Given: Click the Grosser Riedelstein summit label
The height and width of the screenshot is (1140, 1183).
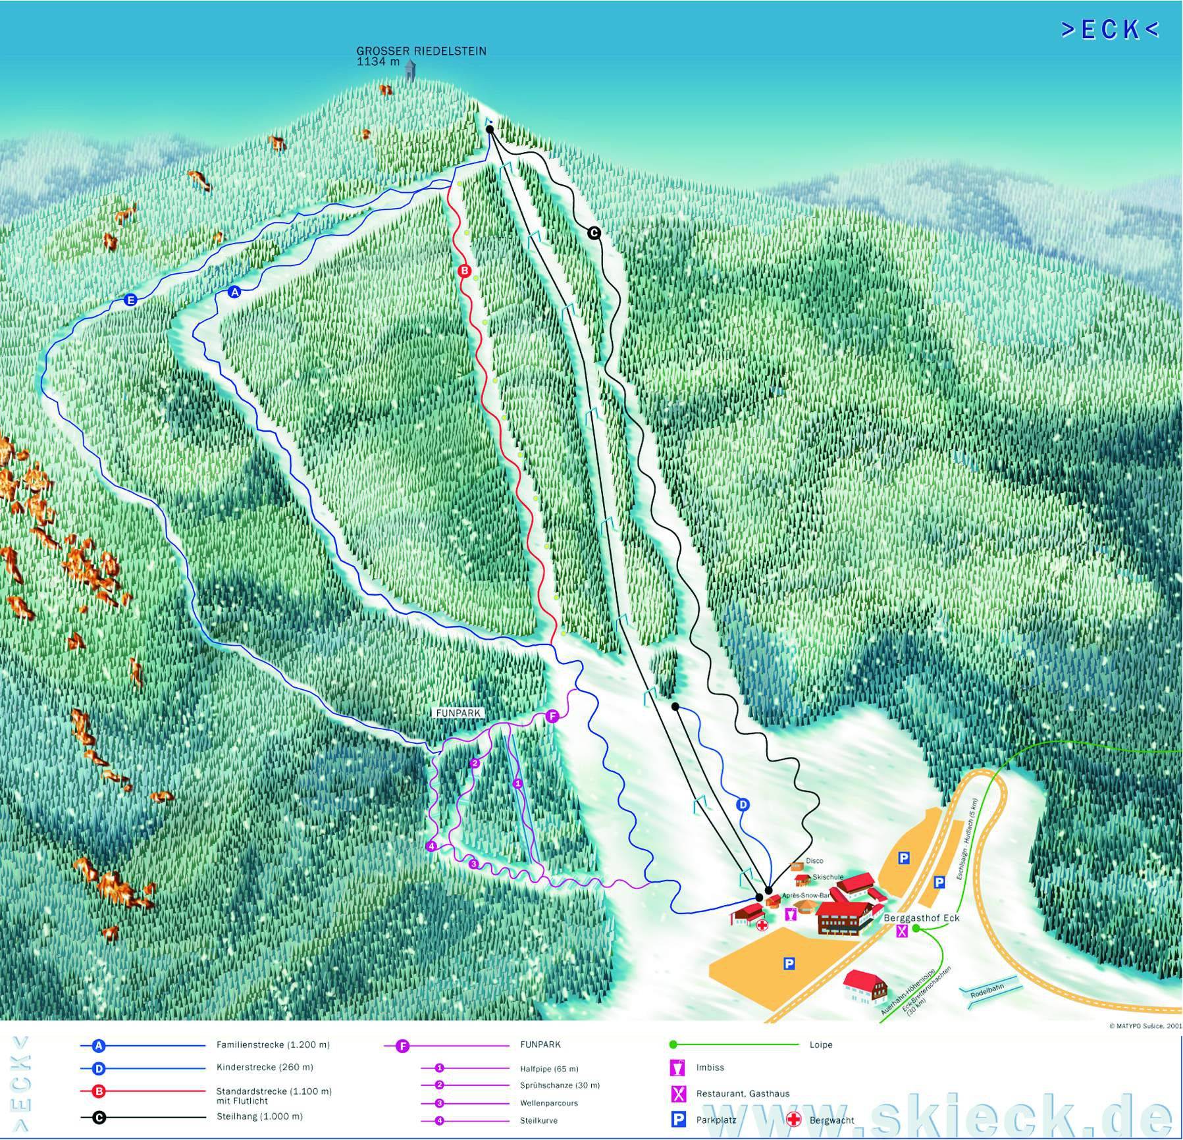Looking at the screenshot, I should pos(421,51).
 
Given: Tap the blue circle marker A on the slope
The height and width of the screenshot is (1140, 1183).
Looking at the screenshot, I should pos(234,292).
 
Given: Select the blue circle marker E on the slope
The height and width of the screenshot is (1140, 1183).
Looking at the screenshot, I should pos(130,300).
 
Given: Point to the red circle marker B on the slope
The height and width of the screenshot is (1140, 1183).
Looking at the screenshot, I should pos(464,271).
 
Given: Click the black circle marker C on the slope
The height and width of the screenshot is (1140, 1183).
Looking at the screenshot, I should pos(594,232).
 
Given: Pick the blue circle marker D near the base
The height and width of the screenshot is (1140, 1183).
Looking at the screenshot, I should pos(743,804).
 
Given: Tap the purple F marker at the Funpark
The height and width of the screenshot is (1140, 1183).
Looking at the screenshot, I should pos(552,716).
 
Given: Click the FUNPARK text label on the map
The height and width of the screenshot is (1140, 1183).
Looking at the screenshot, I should pos(459,713).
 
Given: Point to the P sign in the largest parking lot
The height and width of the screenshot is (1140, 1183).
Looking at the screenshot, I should pos(789,964).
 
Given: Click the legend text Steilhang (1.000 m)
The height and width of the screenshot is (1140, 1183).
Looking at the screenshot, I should pos(259,1116).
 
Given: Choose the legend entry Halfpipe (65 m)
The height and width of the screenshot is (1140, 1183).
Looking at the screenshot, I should pos(549,1069).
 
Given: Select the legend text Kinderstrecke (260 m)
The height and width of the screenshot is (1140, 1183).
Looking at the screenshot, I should pos(265,1067).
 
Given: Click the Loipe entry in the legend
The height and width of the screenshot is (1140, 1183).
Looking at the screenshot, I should pos(820,1045).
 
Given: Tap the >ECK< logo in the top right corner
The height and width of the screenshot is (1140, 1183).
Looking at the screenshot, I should pos(1109,30).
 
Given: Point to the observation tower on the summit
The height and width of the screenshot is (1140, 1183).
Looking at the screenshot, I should pos(410,70).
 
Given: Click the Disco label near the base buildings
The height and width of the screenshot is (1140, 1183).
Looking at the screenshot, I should pos(814,861).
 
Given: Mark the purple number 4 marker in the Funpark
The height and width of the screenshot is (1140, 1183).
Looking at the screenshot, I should pos(431,846).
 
